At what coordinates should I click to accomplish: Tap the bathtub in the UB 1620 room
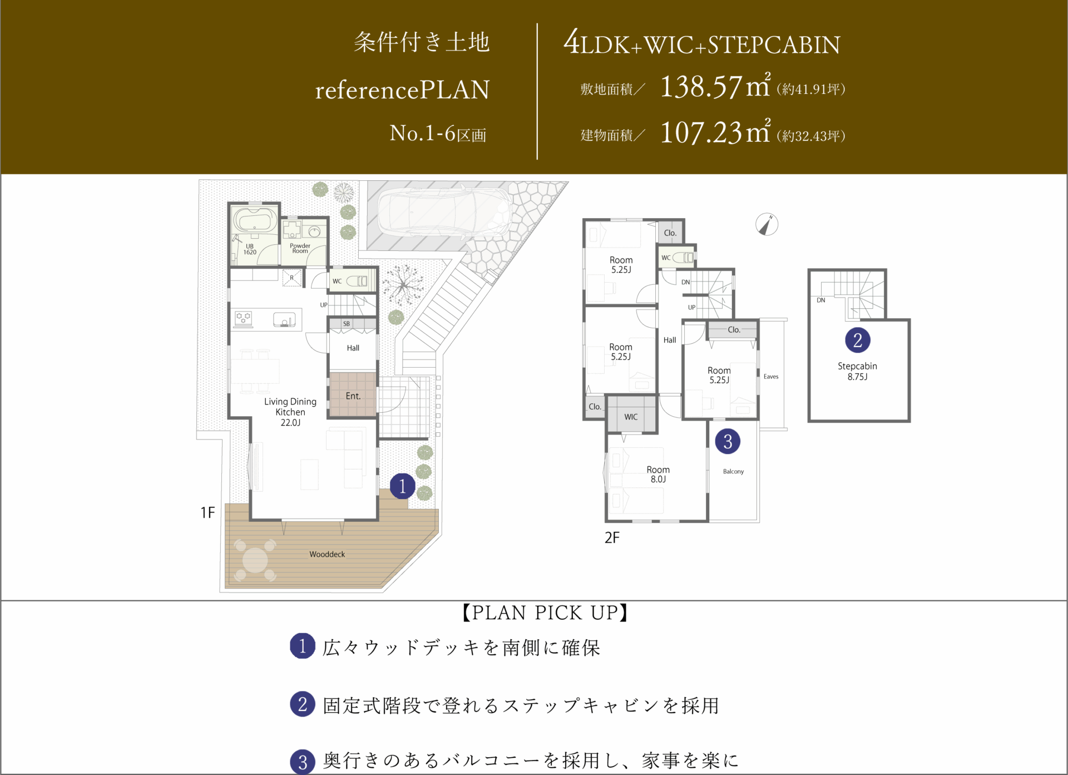coord(255,219)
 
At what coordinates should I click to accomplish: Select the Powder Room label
coord(300,248)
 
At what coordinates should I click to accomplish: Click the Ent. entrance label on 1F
coord(353,396)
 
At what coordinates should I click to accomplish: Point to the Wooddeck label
coord(327,554)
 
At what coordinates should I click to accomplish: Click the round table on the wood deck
coord(255,560)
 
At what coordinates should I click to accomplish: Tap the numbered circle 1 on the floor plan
coord(402,486)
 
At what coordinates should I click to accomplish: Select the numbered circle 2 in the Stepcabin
coord(857,340)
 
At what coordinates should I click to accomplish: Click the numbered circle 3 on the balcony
coord(728,441)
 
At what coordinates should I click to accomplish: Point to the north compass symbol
coord(767,224)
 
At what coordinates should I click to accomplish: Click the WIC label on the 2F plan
coord(631,417)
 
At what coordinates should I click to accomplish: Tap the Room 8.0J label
coord(658,474)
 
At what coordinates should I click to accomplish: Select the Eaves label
coord(771,377)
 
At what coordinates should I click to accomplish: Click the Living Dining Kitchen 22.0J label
coord(290,412)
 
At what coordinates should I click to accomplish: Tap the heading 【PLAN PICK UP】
coord(545,613)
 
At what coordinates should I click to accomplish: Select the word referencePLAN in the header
coord(402,90)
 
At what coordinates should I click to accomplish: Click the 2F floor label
coord(612,537)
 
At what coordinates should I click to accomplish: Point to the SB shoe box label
coord(347,324)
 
